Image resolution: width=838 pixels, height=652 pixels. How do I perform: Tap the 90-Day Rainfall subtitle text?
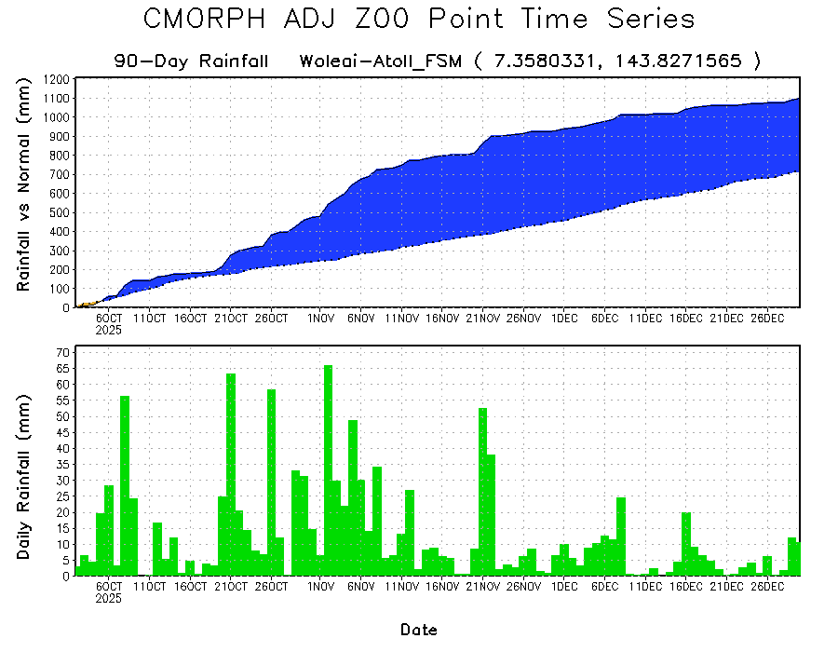(x=191, y=61)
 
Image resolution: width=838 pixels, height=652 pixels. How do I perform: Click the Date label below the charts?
(x=419, y=630)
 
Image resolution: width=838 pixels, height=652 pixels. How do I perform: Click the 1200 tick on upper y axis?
(x=56, y=79)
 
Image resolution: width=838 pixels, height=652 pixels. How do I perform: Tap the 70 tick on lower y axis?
(x=63, y=352)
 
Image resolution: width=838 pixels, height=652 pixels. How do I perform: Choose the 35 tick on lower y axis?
(x=63, y=464)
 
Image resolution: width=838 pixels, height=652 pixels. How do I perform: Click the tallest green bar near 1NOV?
(x=328, y=470)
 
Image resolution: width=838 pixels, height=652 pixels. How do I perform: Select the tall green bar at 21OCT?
(x=231, y=475)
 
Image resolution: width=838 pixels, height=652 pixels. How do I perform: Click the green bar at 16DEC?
(x=686, y=544)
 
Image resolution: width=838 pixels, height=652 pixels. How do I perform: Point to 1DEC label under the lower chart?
(x=564, y=588)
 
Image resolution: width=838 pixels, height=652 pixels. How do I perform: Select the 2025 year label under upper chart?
(x=110, y=330)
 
